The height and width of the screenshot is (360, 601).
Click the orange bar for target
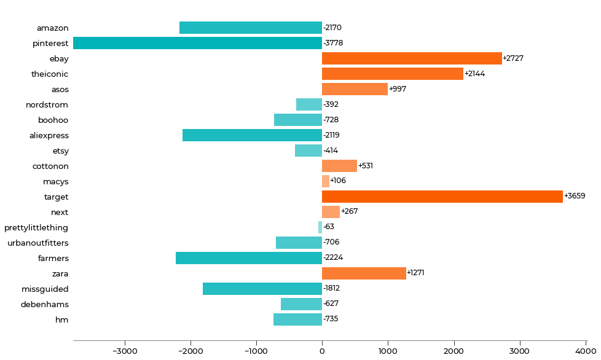click(x=442, y=197)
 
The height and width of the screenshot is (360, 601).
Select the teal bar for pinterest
click(x=197, y=43)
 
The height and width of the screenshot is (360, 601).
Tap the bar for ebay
click(x=412, y=58)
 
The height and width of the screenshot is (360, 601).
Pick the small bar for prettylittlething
click(x=320, y=227)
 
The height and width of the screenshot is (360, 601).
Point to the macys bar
click(x=326, y=181)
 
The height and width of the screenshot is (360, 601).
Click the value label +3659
click(x=575, y=197)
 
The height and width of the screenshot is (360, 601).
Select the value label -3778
click(x=333, y=43)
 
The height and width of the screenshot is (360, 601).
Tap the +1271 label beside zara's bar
click(x=415, y=273)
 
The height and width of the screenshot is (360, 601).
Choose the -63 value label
click(x=329, y=227)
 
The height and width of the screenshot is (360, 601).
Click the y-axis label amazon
click(x=52, y=28)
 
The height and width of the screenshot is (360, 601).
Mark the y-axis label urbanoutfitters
click(x=38, y=243)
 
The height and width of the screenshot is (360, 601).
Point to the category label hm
click(x=62, y=319)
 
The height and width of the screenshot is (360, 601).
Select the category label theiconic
click(x=50, y=74)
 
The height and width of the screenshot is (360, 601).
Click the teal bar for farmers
click(x=249, y=258)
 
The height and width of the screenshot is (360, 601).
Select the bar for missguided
click(x=262, y=289)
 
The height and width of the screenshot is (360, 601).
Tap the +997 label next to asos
click(x=398, y=89)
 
